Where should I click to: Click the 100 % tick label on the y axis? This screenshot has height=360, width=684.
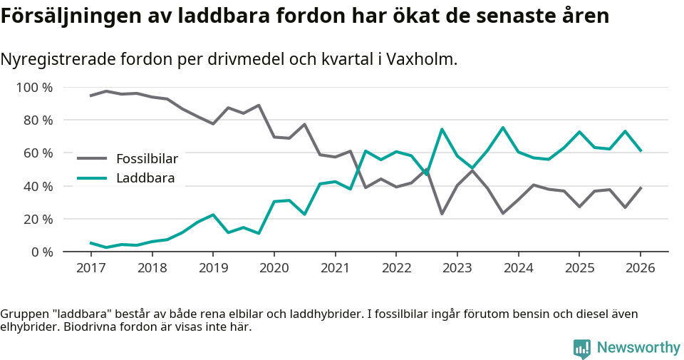[34, 88]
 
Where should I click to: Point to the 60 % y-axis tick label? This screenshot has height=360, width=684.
[38, 153]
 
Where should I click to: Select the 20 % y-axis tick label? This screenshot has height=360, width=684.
[38, 219]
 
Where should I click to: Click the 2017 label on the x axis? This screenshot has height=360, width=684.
[90, 268]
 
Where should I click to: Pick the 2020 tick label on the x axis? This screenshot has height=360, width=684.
[274, 268]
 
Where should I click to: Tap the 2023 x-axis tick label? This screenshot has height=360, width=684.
[457, 268]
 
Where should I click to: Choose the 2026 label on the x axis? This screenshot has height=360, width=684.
[640, 268]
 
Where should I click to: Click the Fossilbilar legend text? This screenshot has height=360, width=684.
[147, 159]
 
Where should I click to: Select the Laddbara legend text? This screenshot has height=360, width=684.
[145, 178]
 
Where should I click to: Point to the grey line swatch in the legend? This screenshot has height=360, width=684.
[92, 159]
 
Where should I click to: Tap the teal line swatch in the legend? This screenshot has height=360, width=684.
[92, 178]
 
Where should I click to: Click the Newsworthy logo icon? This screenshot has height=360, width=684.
[582, 348]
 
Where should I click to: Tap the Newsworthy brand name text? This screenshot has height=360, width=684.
[638, 348]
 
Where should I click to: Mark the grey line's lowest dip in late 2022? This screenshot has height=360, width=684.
[442, 214]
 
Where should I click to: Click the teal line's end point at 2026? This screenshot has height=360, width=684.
[641, 150]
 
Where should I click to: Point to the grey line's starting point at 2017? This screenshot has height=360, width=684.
[90, 96]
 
